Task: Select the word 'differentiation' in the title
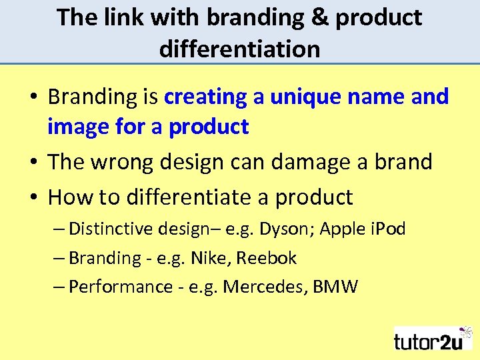click(239, 48)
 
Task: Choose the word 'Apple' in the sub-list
click(342, 229)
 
